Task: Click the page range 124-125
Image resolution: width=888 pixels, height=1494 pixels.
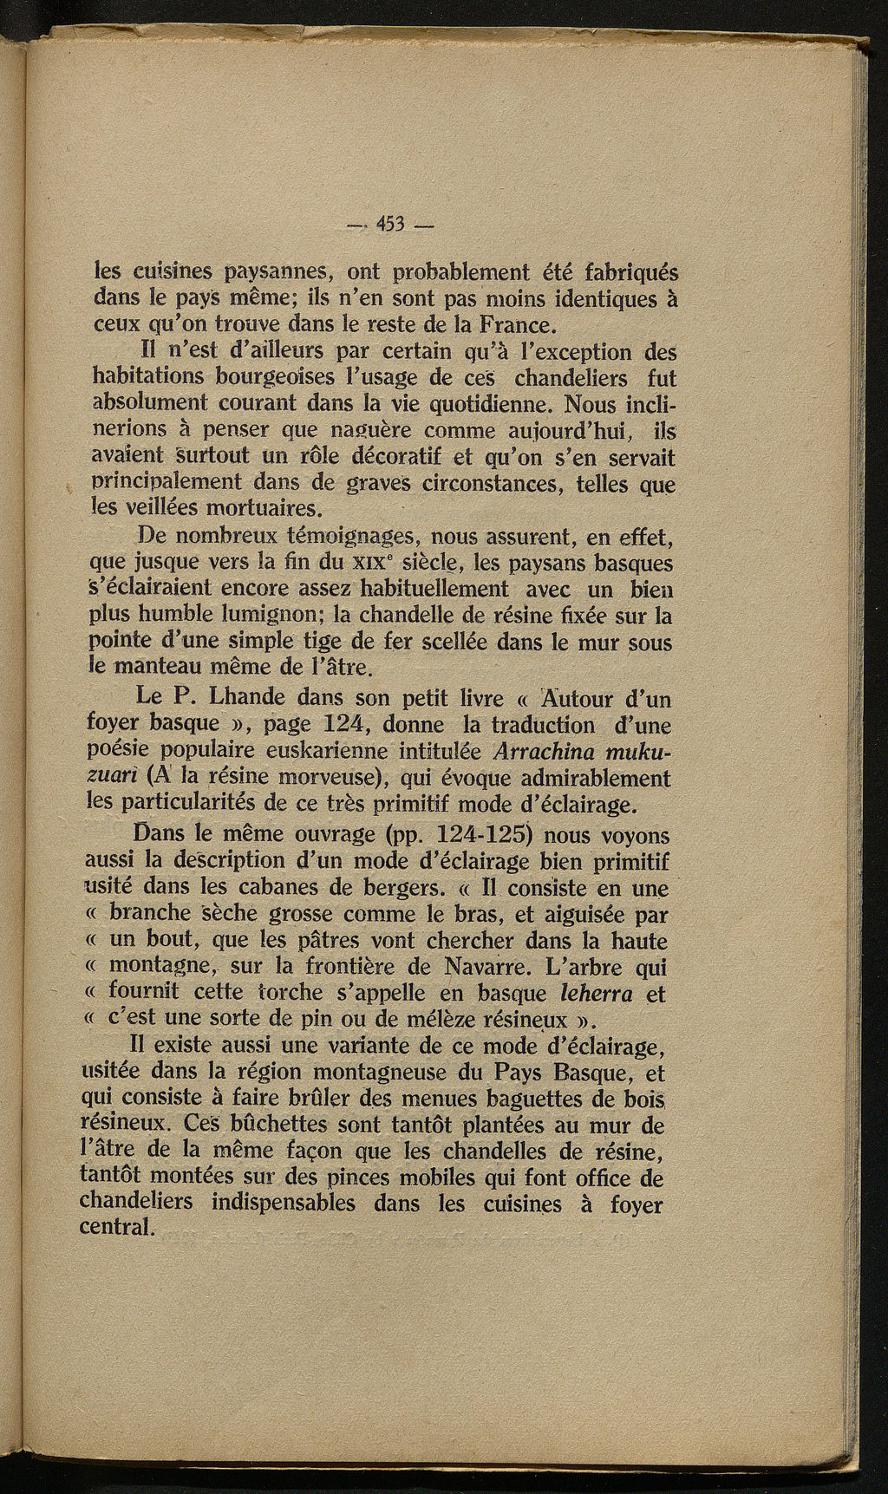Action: click(480, 835)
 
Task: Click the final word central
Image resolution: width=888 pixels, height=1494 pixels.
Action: click(115, 1229)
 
